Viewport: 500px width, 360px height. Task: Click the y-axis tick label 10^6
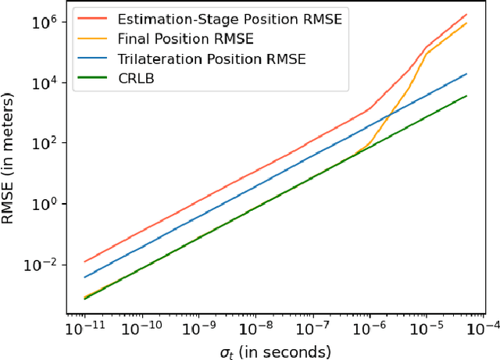point(44,21)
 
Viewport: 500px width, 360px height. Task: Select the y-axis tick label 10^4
point(44,82)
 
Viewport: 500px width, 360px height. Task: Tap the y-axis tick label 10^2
point(44,143)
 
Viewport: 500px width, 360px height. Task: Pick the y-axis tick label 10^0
point(44,204)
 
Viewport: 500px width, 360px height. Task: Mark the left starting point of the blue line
point(84,276)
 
